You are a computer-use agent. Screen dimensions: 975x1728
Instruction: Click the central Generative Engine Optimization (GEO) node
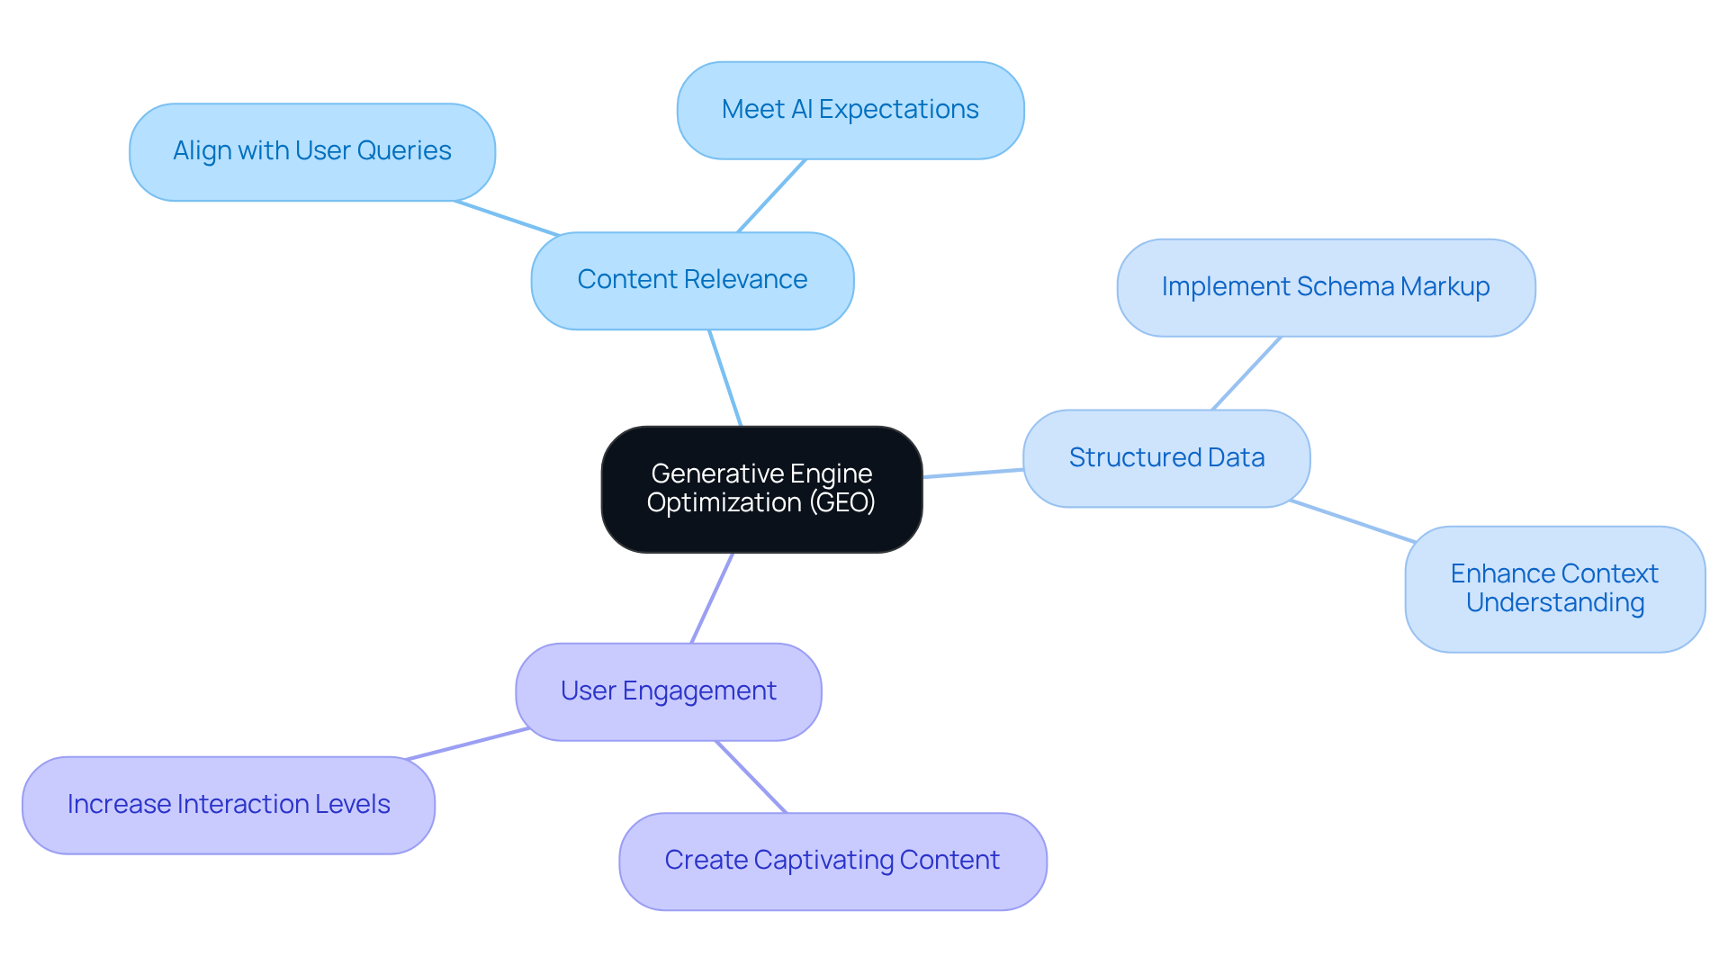[761, 489]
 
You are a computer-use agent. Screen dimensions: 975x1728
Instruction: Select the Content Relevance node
[692, 280]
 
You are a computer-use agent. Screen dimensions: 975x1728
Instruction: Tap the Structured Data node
[1166, 458]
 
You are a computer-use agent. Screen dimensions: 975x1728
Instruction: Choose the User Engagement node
[668, 691]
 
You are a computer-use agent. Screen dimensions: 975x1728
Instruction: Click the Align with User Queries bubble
[311, 151]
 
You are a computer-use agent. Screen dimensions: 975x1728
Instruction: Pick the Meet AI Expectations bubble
[850, 110]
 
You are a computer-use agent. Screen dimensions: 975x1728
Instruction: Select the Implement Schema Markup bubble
[1325, 287]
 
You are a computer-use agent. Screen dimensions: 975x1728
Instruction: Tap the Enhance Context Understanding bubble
[1554, 589]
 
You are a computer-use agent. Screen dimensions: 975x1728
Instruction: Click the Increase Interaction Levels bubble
[228, 805]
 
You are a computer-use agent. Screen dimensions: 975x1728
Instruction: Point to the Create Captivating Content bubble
[832, 861]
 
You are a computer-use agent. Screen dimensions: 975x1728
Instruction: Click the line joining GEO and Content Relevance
[725, 378]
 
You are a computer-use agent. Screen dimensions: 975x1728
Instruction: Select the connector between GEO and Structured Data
[973, 473]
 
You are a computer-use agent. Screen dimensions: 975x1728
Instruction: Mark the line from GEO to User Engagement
[712, 598]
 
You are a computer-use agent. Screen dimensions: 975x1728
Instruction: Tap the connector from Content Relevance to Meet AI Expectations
[771, 195]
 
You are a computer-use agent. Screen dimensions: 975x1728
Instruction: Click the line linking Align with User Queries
[508, 218]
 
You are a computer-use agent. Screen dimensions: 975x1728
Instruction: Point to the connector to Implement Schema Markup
[1246, 374]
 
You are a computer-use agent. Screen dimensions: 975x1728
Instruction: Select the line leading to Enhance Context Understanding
[1353, 521]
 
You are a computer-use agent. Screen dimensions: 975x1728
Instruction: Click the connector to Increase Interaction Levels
[468, 744]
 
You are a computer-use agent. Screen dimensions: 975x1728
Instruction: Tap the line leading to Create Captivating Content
[751, 777]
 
